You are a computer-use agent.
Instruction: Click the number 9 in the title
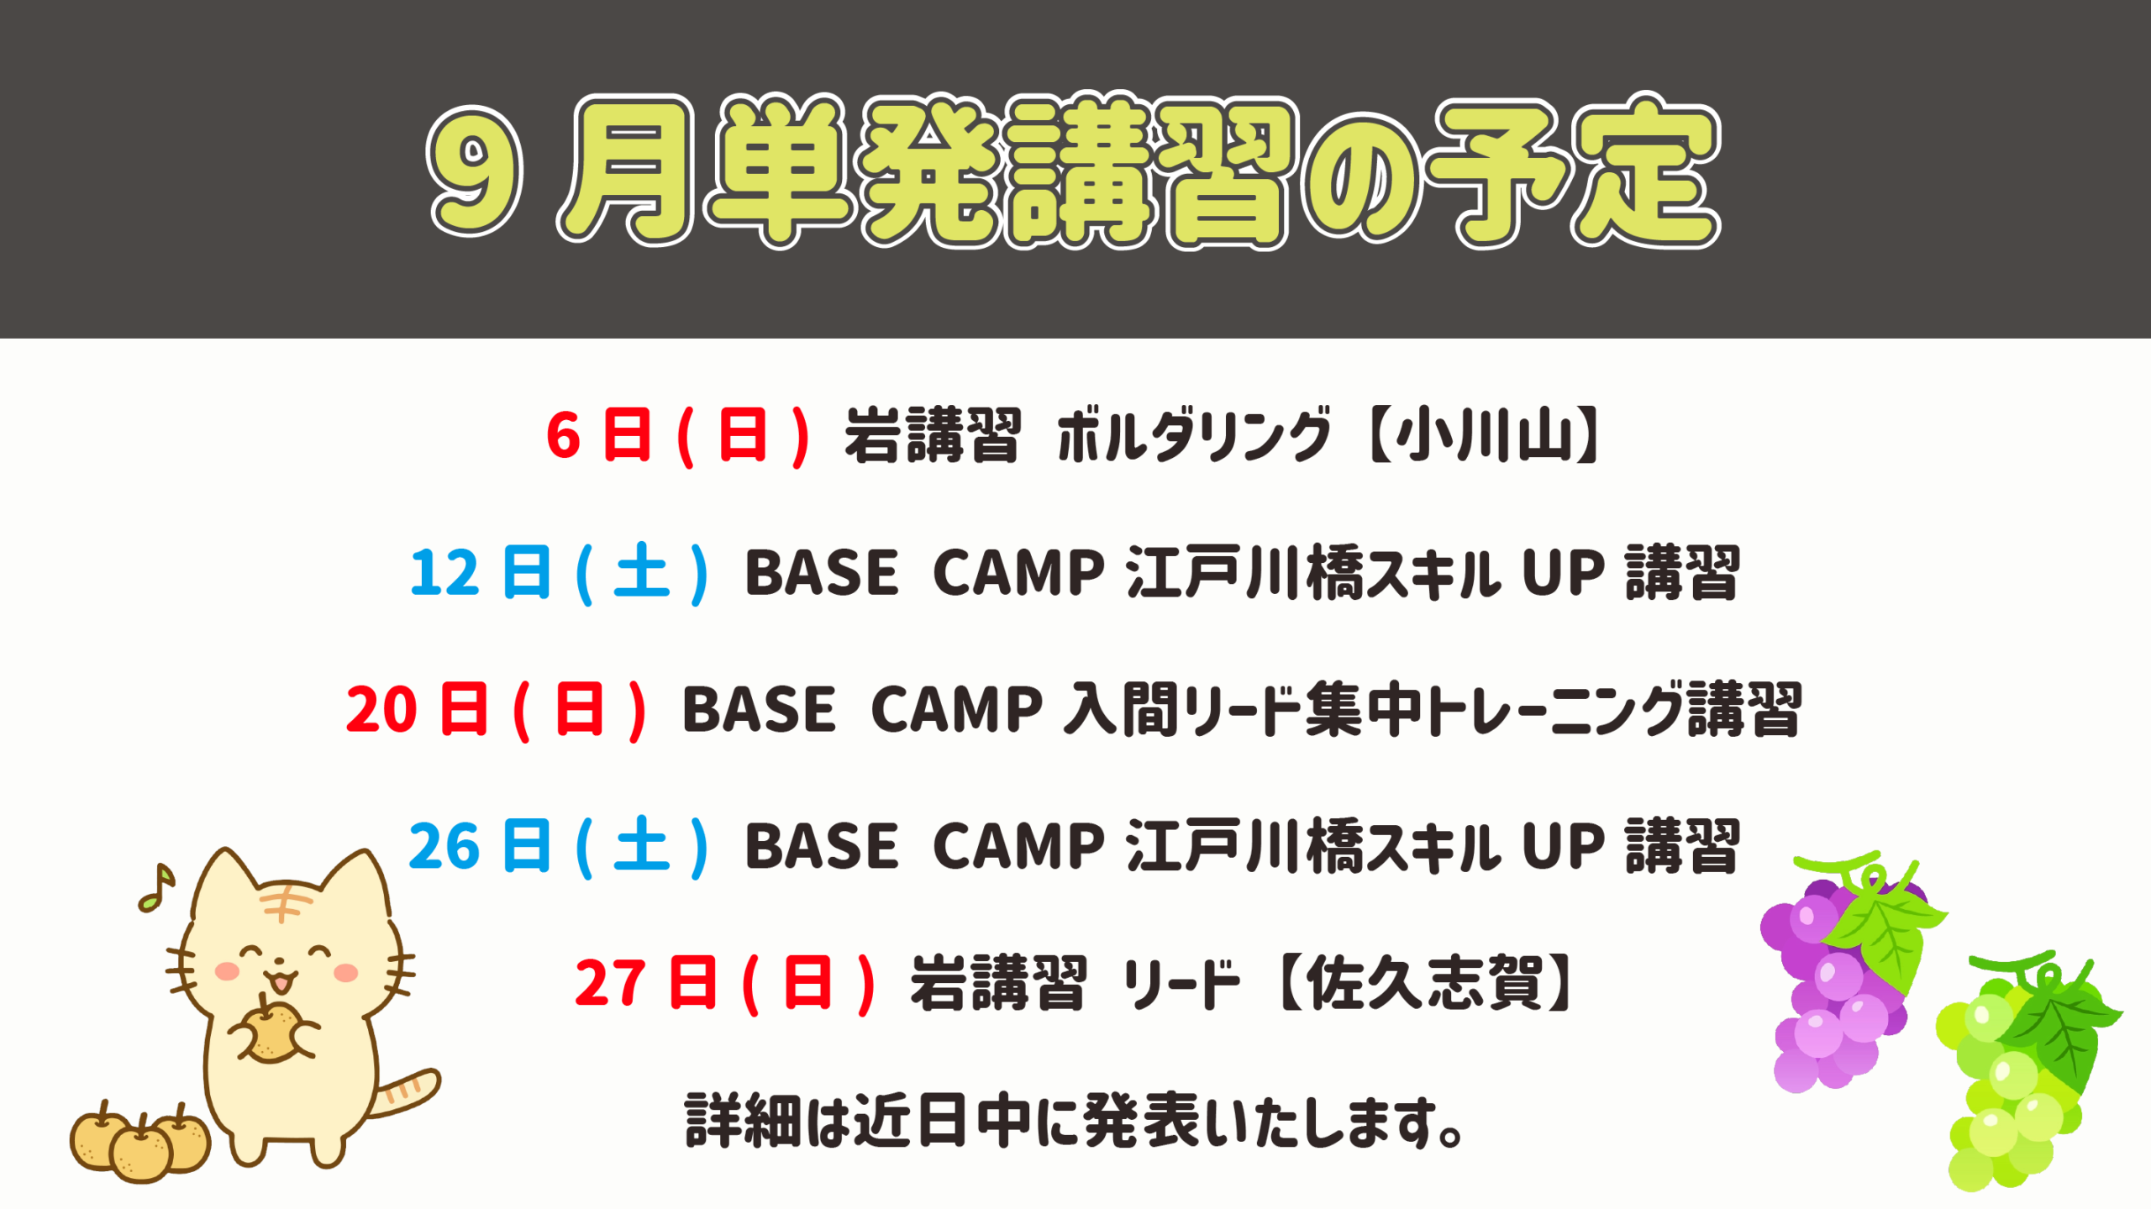point(475,171)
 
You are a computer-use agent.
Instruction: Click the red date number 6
point(563,436)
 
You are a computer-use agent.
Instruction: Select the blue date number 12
point(444,573)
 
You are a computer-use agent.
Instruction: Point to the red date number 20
point(381,710)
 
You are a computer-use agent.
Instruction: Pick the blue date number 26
point(444,846)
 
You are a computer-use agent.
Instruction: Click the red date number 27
point(610,983)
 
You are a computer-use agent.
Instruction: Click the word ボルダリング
point(1194,435)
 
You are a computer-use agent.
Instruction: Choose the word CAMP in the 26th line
point(1018,846)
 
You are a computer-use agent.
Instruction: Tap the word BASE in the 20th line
point(759,710)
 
